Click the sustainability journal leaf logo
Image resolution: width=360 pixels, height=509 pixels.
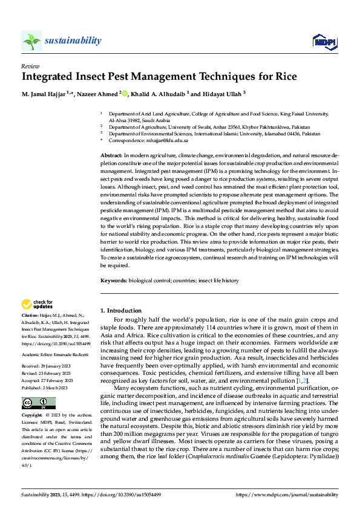[x=31, y=41]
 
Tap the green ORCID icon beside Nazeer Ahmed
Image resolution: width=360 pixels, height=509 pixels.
[x=124, y=94]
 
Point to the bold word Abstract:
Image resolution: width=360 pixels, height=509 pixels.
[x=111, y=156]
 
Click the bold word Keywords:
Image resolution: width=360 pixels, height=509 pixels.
[x=113, y=280]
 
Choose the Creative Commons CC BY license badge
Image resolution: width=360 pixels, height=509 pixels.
[x=38, y=403]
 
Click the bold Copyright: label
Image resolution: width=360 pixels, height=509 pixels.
[x=32, y=416]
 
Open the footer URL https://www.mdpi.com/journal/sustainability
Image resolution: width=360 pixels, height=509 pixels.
[x=287, y=494]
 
